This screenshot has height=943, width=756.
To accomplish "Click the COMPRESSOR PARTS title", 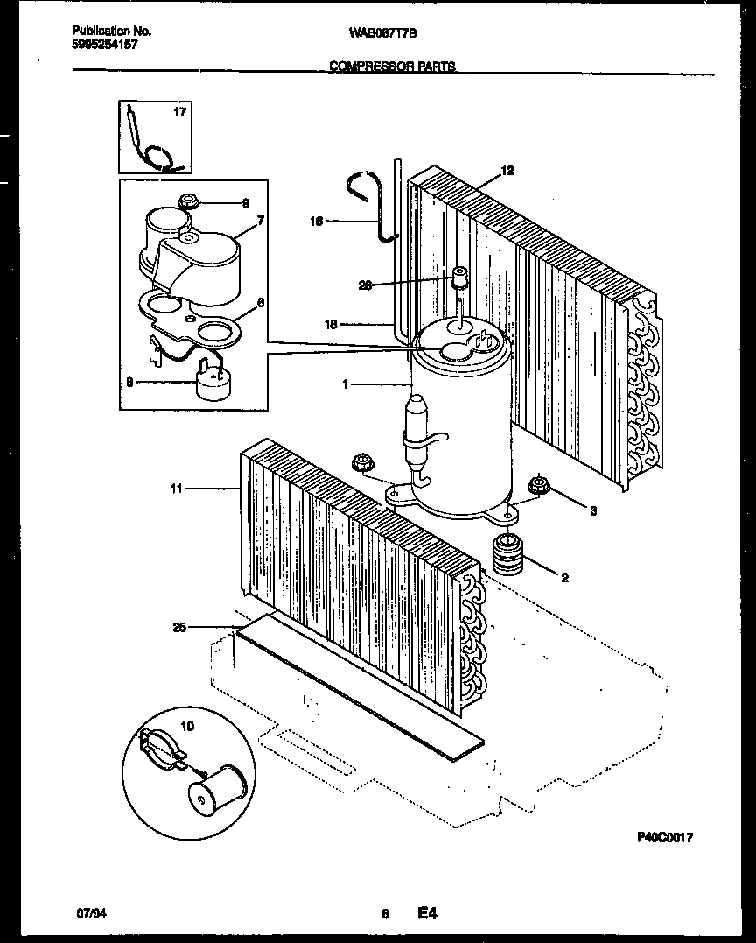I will click(392, 67).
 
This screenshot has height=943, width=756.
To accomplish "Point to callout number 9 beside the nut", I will click(246, 203).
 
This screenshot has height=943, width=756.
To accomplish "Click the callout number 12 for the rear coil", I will click(507, 171).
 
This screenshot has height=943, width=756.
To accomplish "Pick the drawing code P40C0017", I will click(664, 838).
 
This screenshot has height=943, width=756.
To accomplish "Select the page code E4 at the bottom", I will click(426, 914).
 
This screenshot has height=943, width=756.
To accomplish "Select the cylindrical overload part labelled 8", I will click(213, 385).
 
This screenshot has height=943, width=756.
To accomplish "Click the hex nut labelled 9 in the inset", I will click(186, 202).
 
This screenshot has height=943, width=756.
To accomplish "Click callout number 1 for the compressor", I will click(346, 384).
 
